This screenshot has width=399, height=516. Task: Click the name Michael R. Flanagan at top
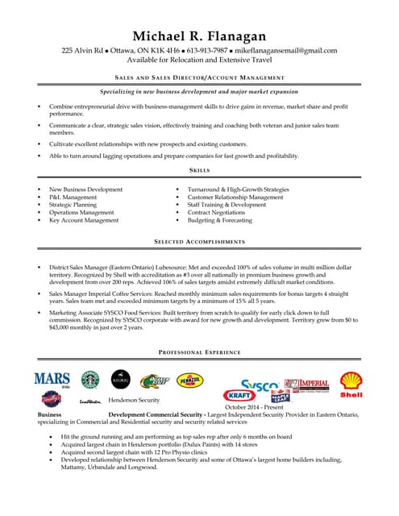[x=199, y=35]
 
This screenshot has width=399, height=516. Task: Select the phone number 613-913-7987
[x=206, y=51]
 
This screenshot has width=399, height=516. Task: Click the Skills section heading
[x=199, y=171]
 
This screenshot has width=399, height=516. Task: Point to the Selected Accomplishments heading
[x=199, y=242]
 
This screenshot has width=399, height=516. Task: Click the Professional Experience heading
[x=199, y=352]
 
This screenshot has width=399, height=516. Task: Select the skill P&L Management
[x=73, y=198]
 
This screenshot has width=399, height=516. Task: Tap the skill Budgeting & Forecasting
[x=220, y=220]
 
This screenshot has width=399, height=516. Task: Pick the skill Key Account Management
[x=84, y=220]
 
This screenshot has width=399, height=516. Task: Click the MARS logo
[x=52, y=378]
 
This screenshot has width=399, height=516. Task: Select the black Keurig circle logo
[x=120, y=378]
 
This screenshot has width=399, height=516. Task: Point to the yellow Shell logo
[x=351, y=384]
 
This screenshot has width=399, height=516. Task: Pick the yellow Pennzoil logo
[x=190, y=380]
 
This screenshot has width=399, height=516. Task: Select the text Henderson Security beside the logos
[x=134, y=400]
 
